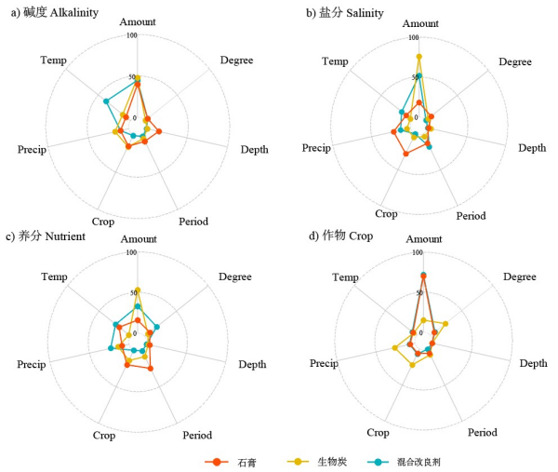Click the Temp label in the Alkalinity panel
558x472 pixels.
click(x=53, y=61)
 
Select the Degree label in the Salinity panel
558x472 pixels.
click(x=514, y=61)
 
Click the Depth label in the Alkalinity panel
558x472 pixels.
click(x=255, y=150)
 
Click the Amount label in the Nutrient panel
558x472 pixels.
click(x=139, y=239)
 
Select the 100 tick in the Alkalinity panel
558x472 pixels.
click(x=131, y=35)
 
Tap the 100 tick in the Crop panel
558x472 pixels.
click(x=418, y=252)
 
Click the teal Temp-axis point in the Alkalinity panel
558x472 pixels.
click(x=106, y=101)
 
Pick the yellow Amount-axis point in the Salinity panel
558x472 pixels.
click(x=419, y=57)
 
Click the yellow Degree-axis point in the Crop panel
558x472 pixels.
click(x=446, y=324)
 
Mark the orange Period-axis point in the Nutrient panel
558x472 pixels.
click(x=151, y=369)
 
